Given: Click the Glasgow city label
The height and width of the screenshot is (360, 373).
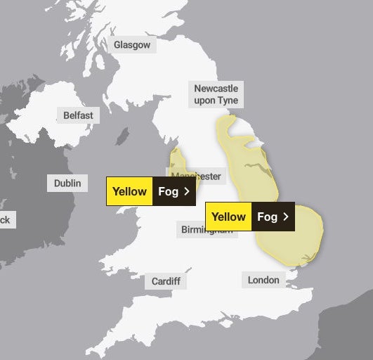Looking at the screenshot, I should pos(132,44).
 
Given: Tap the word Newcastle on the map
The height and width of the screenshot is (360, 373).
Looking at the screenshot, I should pos(216,89).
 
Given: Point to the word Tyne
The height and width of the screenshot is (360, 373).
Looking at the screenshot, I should pos(228,101).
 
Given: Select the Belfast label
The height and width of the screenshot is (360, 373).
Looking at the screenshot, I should pos(77,115).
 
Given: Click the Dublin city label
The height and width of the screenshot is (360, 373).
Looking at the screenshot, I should pos(67,184).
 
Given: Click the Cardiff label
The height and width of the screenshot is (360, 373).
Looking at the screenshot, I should pos(166,281).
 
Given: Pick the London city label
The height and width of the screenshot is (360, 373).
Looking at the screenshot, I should pos(263,280).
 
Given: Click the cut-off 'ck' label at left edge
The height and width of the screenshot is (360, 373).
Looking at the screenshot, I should pos(6,220).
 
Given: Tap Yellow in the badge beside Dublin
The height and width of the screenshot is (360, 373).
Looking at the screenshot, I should pos(129,191).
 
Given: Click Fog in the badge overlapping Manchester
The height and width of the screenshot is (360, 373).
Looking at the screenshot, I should pos(168,191).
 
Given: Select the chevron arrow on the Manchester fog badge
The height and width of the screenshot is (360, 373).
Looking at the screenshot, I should pos(187,191).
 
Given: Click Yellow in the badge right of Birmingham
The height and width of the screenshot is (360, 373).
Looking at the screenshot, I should pos(228,217).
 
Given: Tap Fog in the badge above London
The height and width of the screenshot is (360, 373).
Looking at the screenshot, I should pos(267,217).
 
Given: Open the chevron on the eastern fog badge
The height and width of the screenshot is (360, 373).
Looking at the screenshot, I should pos(286,217).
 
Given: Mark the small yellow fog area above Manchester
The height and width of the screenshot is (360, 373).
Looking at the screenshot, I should pos(176,159).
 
